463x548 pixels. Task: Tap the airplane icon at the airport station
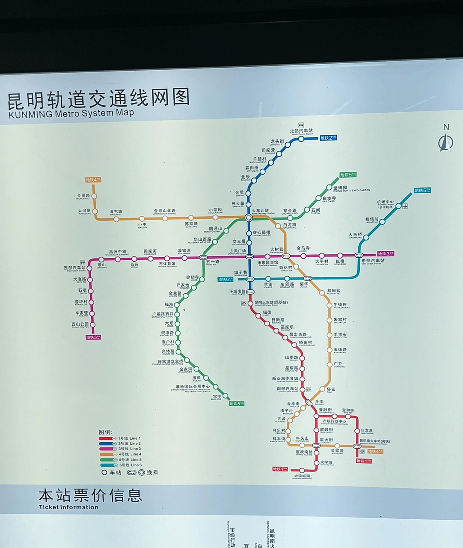pyautogui.click(x=405, y=206)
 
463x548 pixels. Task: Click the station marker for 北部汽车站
pyautogui.click(x=301, y=139)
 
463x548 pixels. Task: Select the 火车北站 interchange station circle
pyautogui.click(x=249, y=218)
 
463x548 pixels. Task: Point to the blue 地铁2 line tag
pyautogui.click(x=328, y=138)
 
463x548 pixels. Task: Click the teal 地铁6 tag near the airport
pyautogui.click(x=422, y=190)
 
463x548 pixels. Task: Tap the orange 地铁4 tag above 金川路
pyautogui.click(x=93, y=180)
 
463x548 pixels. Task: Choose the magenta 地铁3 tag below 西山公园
pyautogui.click(x=93, y=337)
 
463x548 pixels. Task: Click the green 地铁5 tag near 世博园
pyautogui.click(x=348, y=175)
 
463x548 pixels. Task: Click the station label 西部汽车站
pyautogui.click(x=75, y=268)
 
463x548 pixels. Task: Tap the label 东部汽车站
pyautogui.click(x=373, y=261)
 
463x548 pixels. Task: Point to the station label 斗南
pyautogui.click(x=319, y=402)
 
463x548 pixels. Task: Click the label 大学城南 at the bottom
pyautogui.click(x=302, y=476)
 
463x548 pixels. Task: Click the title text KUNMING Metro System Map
pyautogui.click(x=71, y=113)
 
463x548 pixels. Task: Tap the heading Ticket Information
pyautogui.click(x=68, y=507)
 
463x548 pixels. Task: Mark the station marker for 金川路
pyautogui.click(x=94, y=196)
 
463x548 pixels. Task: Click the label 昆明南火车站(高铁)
pyautogui.click(x=374, y=441)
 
